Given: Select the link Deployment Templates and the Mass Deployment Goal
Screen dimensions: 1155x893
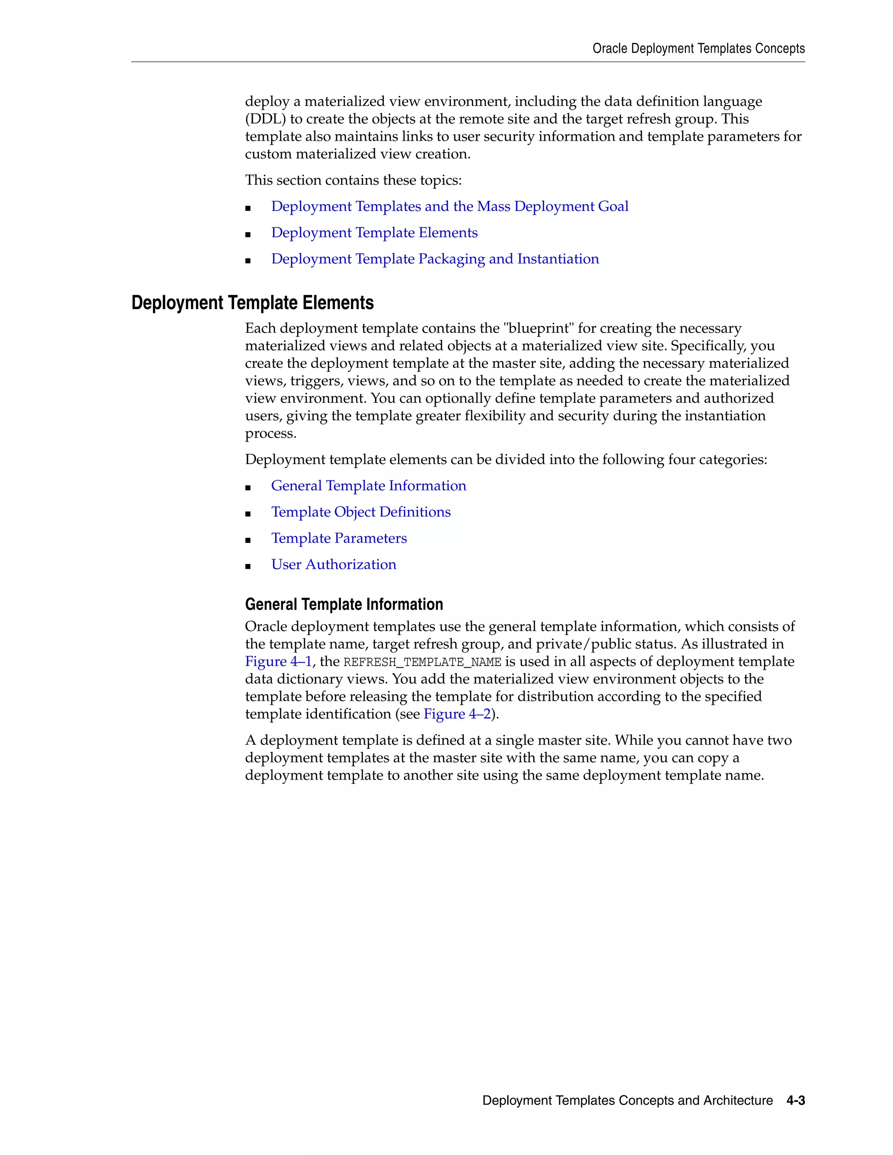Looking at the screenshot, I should click(450, 206).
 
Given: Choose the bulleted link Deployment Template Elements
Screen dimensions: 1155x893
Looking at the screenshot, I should click(374, 233).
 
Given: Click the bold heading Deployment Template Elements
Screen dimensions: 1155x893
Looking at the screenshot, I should click(252, 303).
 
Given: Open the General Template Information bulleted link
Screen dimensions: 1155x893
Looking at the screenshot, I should click(368, 486).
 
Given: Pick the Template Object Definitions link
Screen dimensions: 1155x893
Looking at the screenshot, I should click(361, 512).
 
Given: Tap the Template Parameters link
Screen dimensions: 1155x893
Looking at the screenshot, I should click(338, 538).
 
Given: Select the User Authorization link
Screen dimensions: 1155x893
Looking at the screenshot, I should click(333, 564).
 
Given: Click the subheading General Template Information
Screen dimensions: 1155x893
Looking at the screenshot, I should click(344, 605).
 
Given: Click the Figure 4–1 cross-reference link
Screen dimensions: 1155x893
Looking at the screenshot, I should click(278, 662).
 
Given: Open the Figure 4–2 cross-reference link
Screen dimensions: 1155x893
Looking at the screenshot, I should click(457, 714).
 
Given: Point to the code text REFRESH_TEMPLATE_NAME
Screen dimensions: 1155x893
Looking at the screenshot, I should click(422, 662).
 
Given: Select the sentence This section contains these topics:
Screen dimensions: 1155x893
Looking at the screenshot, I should click(353, 180).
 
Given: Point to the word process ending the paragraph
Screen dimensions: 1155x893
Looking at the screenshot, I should click(270, 434).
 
